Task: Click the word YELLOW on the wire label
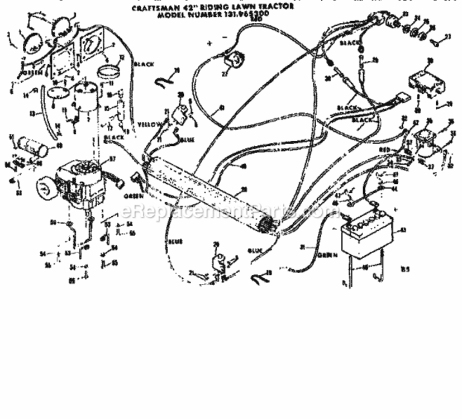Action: tap(150, 123)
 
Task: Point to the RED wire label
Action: tap(385, 150)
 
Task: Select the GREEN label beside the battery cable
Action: tap(328, 255)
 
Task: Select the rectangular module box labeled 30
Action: tap(428, 79)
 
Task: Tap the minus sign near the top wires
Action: tap(224, 37)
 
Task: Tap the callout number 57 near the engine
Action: tap(111, 159)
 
